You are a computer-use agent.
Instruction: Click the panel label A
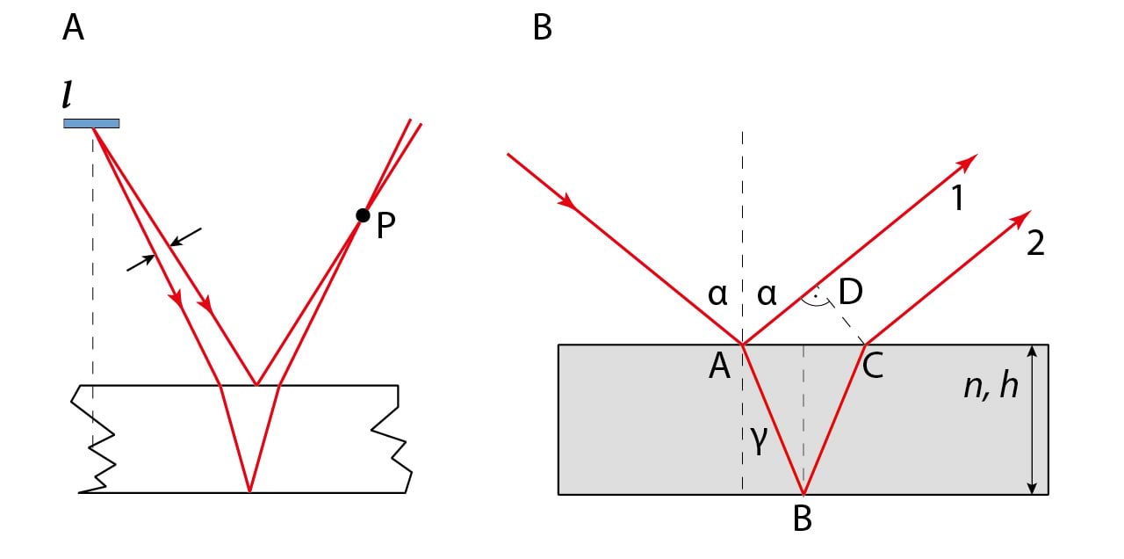coord(74,28)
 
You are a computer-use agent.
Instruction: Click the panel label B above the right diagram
coord(543,28)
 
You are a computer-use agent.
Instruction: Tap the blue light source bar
coord(91,123)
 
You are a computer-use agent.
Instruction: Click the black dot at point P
coord(362,215)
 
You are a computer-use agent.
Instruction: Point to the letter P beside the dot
coord(385,227)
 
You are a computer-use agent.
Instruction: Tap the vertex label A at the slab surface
coord(719,366)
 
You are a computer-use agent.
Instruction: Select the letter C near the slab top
coord(872,366)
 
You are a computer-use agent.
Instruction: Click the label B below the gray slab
coord(802,519)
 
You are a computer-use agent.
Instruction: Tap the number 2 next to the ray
coord(1035,243)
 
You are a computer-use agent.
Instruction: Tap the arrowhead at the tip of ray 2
coord(1022,216)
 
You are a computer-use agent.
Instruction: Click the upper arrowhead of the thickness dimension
coord(1034,352)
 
